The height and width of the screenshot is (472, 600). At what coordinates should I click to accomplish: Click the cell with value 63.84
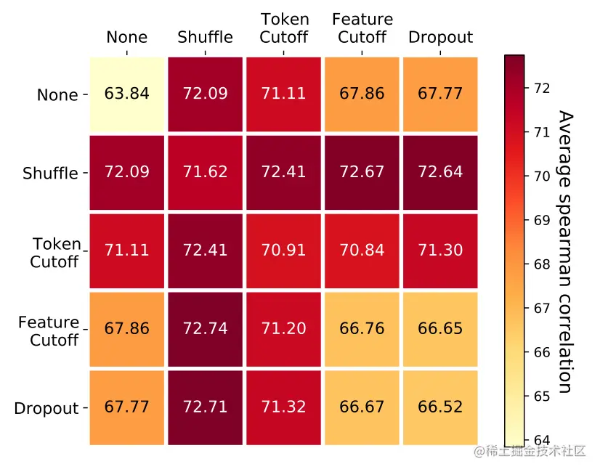pyautogui.click(x=127, y=94)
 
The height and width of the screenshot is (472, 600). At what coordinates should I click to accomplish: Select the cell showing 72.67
pyautogui.click(x=362, y=172)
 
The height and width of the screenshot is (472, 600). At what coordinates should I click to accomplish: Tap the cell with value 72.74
pyautogui.click(x=206, y=329)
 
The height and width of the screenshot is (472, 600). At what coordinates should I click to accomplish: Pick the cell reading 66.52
pyautogui.click(x=440, y=407)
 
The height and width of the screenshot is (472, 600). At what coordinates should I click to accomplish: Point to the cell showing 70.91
pyautogui.click(x=283, y=251)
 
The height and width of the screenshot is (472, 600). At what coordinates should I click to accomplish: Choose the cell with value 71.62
pyautogui.click(x=206, y=172)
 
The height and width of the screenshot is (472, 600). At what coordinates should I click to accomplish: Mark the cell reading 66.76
pyautogui.click(x=362, y=329)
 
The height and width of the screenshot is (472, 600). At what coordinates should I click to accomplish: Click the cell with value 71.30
pyautogui.click(x=440, y=251)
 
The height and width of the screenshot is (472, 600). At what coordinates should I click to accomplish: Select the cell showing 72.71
pyautogui.click(x=206, y=407)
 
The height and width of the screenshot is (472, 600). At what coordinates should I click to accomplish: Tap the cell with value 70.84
pyautogui.click(x=362, y=251)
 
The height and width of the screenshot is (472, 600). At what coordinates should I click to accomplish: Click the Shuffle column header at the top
pyautogui.click(x=206, y=37)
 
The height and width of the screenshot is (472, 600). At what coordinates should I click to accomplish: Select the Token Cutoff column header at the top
pyautogui.click(x=284, y=28)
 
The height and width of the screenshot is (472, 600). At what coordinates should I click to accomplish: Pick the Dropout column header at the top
pyautogui.click(x=440, y=37)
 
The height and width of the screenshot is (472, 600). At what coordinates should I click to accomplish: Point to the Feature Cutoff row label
pyautogui.click(x=49, y=330)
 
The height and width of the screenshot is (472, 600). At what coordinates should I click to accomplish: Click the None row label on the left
pyautogui.click(x=57, y=95)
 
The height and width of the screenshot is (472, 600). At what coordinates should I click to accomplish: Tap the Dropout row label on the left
pyautogui.click(x=46, y=408)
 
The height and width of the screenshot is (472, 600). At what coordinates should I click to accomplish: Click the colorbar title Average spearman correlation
pyautogui.click(x=567, y=251)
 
